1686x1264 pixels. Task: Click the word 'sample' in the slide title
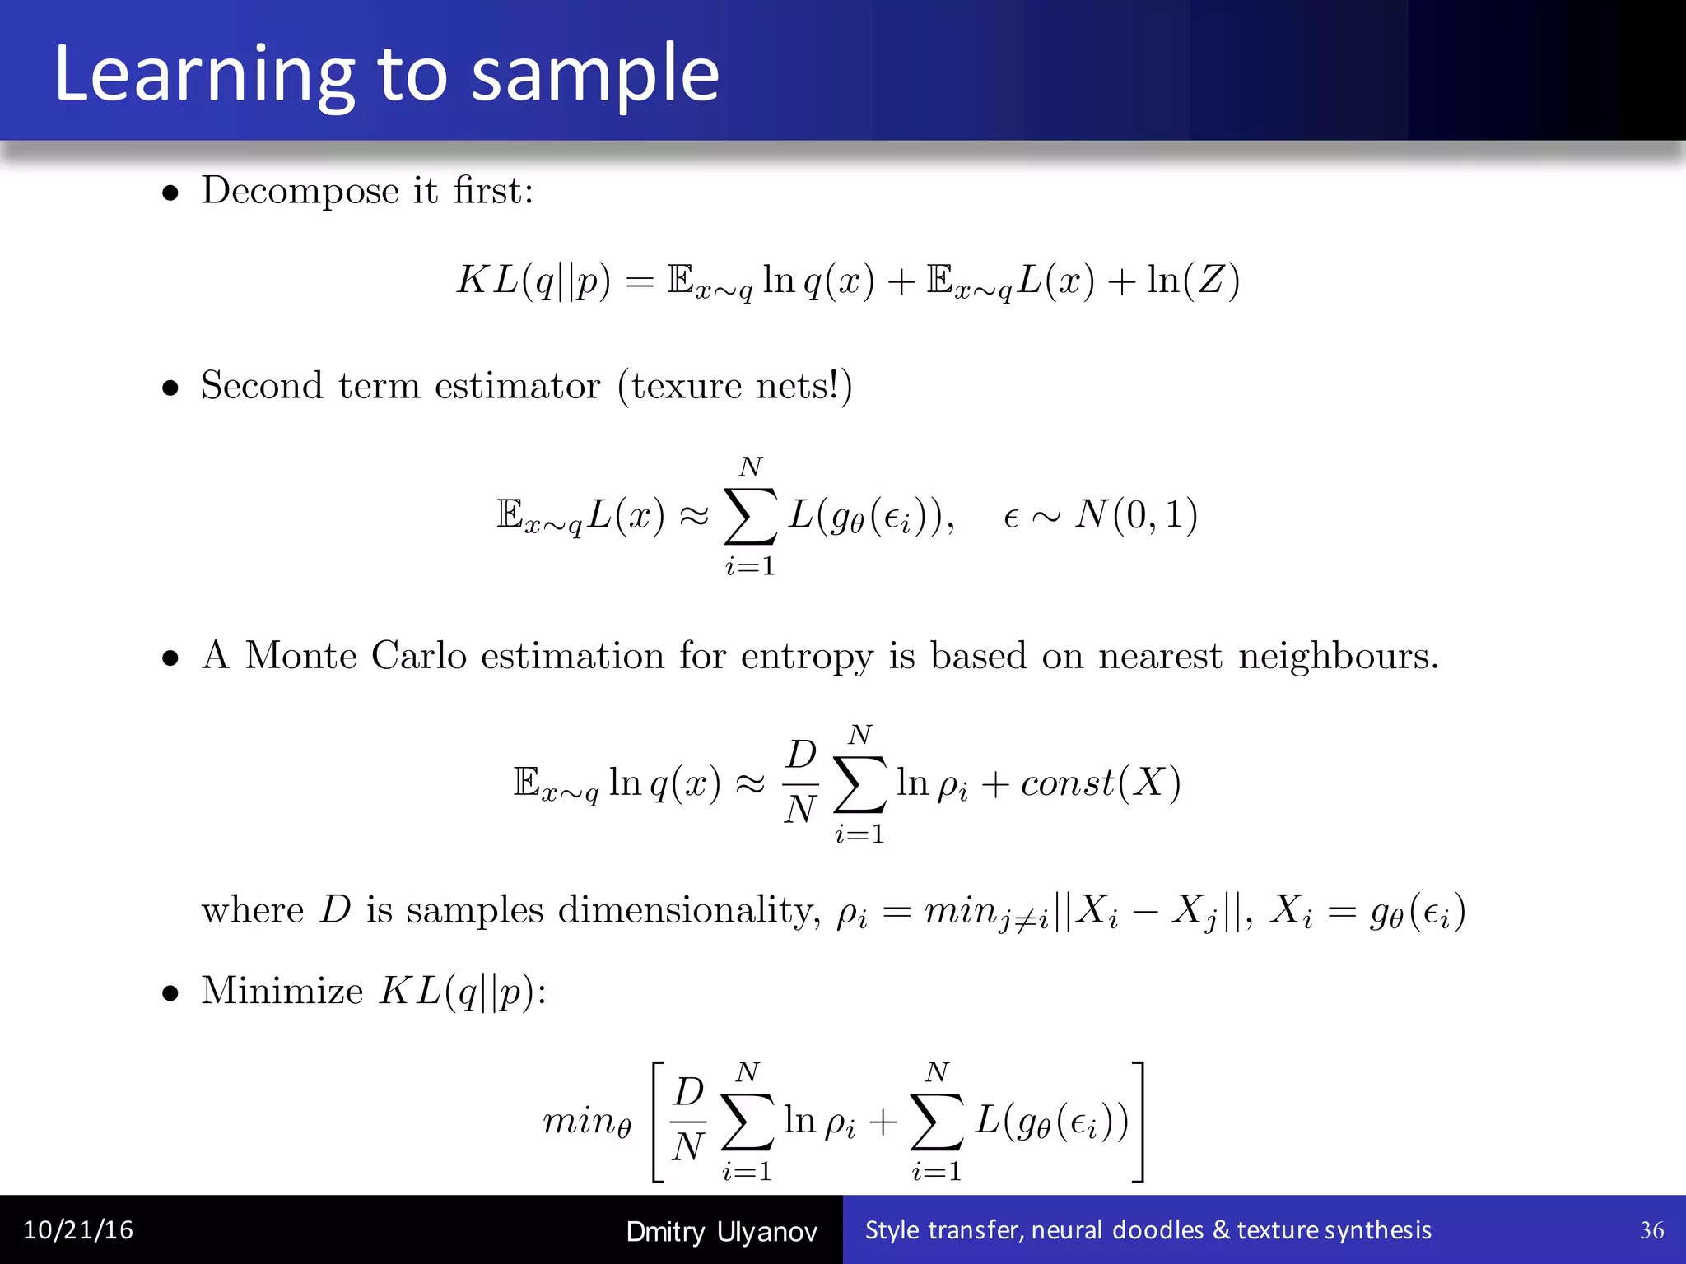(x=595, y=76)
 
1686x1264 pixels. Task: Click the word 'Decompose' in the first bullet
(x=300, y=192)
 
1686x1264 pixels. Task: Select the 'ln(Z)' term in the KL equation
(x=1193, y=280)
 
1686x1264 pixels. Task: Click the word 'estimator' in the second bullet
(x=517, y=386)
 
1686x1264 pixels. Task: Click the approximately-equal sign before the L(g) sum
(x=693, y=516)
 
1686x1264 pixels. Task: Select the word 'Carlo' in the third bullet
(x=418, y=656)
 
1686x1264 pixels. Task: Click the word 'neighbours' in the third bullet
(x=1331, y=656)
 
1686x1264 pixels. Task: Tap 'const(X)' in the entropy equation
(x=1101, y=782)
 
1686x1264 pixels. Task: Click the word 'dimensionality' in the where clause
(x=688, y=911)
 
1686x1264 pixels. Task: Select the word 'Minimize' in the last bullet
(x=282, y=991)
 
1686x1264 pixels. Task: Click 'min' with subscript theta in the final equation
(x=586, y=1122)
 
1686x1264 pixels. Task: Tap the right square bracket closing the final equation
(x=1138, y=1122)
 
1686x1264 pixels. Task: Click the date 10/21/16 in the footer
(x=78, y=1230)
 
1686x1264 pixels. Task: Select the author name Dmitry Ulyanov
(x=721, y=1232)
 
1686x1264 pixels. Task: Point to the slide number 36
(x=1651, y=1230)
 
